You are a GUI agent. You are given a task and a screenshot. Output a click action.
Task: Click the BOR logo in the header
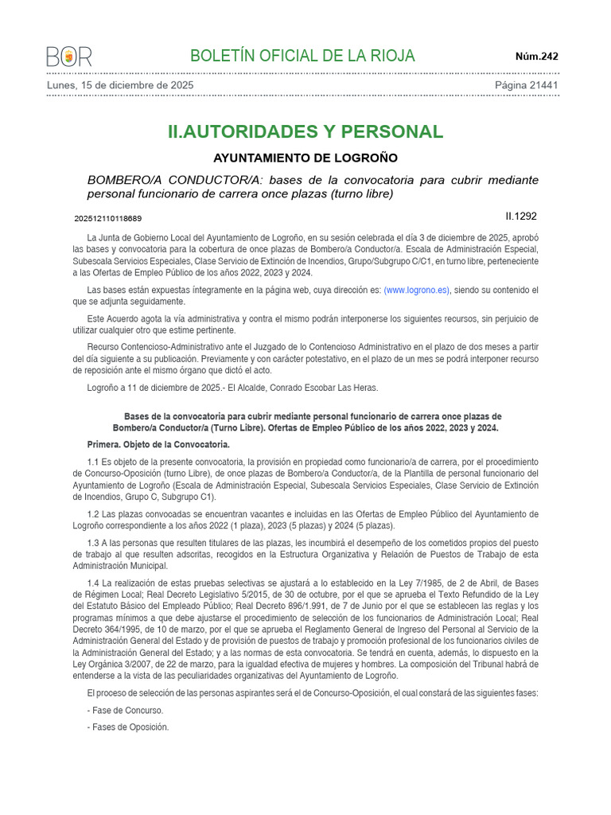click(69, 57)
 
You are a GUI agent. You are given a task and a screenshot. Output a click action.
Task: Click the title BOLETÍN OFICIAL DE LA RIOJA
click(302, 56)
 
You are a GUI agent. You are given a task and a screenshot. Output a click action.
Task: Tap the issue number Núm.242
click(537, 57)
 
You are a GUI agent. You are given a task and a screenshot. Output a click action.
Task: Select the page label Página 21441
click(527, 84)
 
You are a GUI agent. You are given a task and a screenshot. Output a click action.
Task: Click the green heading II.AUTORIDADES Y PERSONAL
click(305, 131)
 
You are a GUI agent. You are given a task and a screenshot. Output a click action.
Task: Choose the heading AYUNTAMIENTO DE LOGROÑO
click(305, 158)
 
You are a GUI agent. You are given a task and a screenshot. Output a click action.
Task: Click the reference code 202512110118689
click(108, 218)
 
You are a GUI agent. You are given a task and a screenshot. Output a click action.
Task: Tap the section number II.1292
click(522, 216)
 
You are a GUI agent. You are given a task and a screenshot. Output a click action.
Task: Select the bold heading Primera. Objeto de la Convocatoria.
click(158, 444)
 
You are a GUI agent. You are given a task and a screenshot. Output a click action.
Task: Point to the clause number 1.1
click(93, 462)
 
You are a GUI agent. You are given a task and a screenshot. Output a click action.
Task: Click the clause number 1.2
click(93, 514)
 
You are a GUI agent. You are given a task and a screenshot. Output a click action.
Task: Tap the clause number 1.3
click(93, 542)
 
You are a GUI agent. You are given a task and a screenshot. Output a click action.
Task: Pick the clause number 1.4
click(93, 583)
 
